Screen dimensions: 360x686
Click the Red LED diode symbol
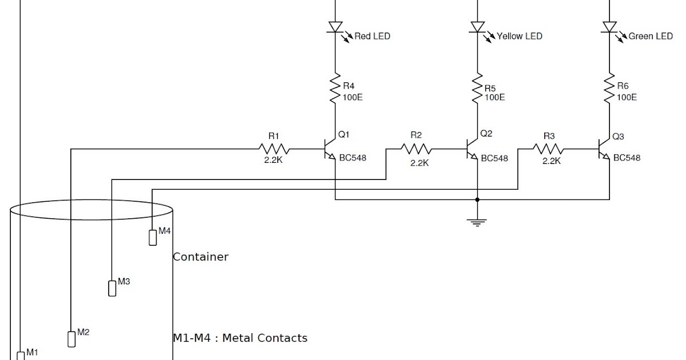(334, 27)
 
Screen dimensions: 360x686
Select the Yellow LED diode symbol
(477, 27)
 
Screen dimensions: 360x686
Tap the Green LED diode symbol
(609, 27)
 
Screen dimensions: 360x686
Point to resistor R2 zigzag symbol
(416, 150)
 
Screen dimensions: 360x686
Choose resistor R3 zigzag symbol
(548, 150)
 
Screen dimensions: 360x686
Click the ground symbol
(477, 221)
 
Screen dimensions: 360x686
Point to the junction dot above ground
(477, 200)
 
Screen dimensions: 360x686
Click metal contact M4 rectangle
(153, 237)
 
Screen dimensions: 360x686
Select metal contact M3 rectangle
(112, 288)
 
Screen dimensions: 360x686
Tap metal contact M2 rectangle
(71, 338)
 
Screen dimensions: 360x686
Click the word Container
(200, 257)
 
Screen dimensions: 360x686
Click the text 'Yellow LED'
(519, 36)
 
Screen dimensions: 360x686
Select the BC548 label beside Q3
(627, 158)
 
